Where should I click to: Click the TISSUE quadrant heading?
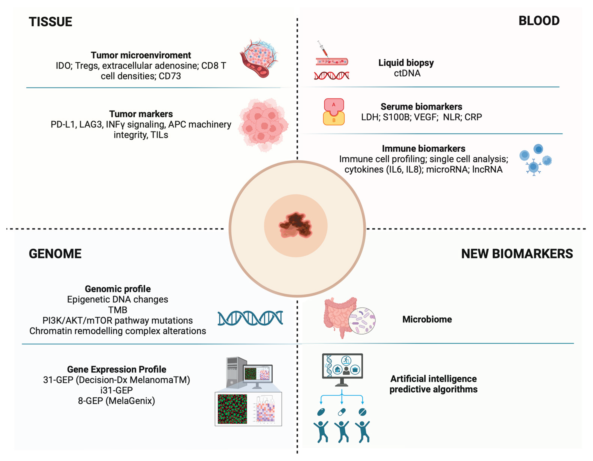pyautogui.click(x=51, y=22)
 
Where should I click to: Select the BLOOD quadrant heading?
pyautogui.click(x=539, y=21)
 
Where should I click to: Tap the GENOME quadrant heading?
pyautogui.click(x=55, y=254)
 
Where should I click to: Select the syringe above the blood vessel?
pyautogui.click(x=323, y=49)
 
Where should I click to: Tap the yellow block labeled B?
pyautogui.click(x=334, y=120)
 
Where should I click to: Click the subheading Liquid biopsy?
pyautogui.click(x=406, y=63)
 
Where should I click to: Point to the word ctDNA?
pyautogui.click(x=407, y=73)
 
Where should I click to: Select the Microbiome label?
pyautogui.click(x=427, y=319)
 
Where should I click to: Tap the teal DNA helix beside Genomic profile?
pyautogui.click(x=250, y=318)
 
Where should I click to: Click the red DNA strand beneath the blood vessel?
pyautogui.click(x=331, y=76)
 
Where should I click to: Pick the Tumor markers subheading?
pyautogui.click(x=141, y=114)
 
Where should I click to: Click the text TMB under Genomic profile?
pyautogui.click(x=118, y=310)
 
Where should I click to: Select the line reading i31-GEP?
pyautogui.click(x=116, y=390)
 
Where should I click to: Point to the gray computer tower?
pyautogui.click(x=235, y=372)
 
